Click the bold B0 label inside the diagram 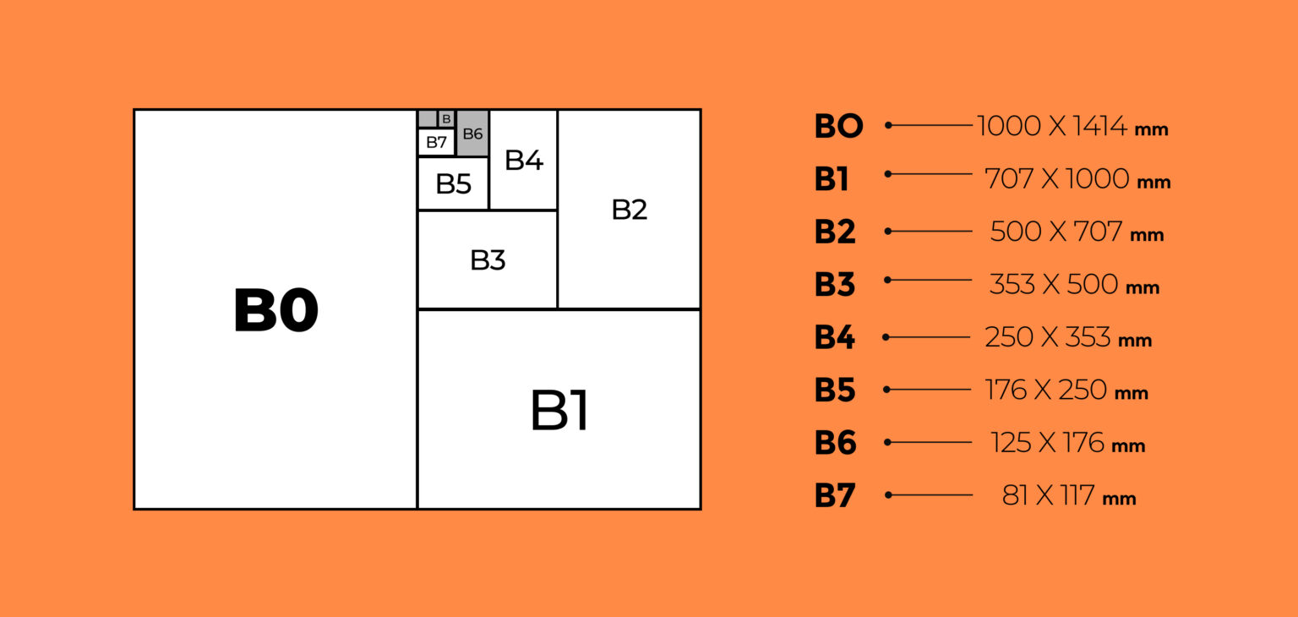(x=275, y=310)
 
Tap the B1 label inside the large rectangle (x=559, y=411)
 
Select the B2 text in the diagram (x=629, y=210)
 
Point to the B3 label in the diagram (x=488, y=260)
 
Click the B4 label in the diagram (x=523, y=160)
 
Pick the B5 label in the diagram (x=453, y=183)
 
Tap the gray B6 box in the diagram (x=472, y=134)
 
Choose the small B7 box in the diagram (x=436, y=142)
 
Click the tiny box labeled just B (x=446, y=119)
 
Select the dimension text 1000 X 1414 (x=1052, y=127)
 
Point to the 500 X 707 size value (x=1056, y=232)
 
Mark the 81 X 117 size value (x=1050, y=495)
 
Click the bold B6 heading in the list (x=836, y=443)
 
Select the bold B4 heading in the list (x=835, y=337)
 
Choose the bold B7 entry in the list (x=835, y=495)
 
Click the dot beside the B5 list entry (x=886, y=390)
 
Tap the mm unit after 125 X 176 (x=1128, y=445)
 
